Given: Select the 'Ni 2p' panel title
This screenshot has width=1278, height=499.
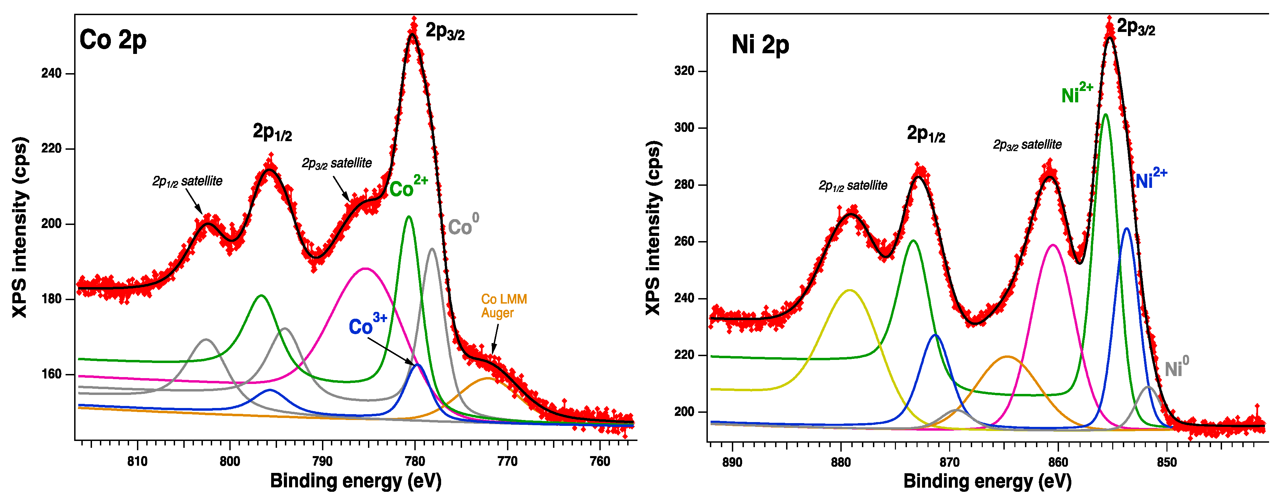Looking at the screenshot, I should click(760, 45).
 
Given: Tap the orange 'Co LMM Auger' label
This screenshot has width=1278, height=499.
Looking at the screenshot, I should click(504, 306).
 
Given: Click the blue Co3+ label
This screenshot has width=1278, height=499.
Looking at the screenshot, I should click(367, 325).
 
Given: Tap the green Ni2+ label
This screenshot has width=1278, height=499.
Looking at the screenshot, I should click(1076, 93).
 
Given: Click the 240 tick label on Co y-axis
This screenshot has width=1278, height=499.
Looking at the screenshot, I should click(51, 73).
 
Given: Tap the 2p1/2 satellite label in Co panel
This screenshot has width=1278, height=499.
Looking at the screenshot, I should click(187, 181).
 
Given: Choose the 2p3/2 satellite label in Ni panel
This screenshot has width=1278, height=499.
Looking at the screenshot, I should click(1027, 145).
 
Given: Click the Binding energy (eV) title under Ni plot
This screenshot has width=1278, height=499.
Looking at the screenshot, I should click(987, 481).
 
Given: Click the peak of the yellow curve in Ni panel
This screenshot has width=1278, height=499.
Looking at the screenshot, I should click(850, 290).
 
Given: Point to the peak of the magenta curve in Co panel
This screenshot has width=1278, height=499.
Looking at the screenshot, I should click(365, 269).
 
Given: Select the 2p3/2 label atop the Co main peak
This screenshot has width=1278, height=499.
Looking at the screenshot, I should click(445, 32).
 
